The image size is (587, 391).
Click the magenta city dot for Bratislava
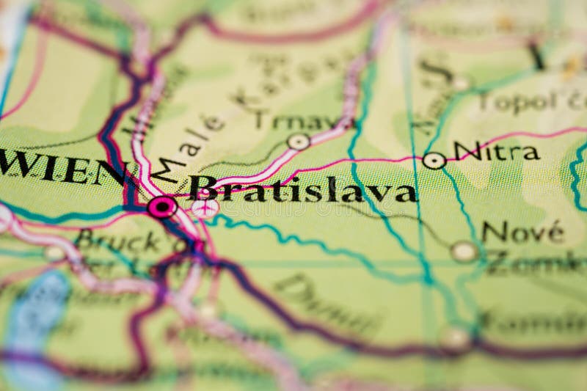(161, 207)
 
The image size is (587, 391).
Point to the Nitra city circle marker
(434, 161)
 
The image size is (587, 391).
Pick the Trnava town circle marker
(298, 142)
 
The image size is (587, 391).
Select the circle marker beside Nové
(464, 252)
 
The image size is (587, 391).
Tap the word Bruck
(117, 241)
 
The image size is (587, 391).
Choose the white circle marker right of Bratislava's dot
(206, 208)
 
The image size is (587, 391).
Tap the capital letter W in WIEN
(16, 166)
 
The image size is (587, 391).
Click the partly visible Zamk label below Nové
(536, 263)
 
